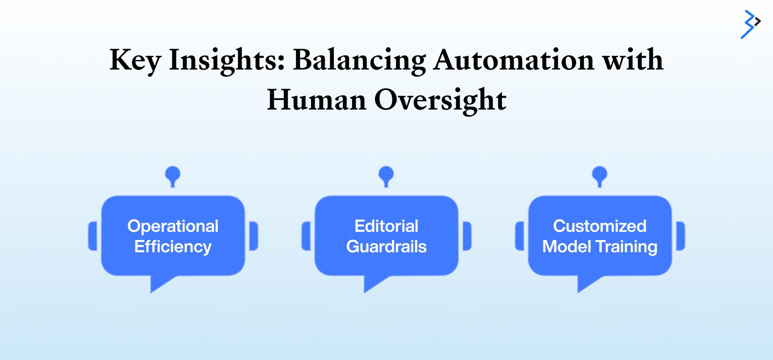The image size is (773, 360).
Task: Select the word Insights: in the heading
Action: (227, 61)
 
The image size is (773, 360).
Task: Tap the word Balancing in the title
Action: (359, 61)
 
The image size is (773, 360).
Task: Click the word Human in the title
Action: (316, 100)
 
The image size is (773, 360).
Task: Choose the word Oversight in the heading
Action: (440, 100)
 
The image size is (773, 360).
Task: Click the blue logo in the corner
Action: (750, 25)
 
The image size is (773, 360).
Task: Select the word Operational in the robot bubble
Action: (173, 227)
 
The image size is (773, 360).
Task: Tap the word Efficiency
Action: (173, 247)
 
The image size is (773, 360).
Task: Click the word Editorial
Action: (386, 226)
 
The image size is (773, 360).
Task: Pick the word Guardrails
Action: (386, 246)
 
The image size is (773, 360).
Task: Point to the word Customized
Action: (600, 226)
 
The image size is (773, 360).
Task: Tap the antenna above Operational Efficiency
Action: (173, 176)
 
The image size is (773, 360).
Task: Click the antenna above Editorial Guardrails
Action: (386, 176)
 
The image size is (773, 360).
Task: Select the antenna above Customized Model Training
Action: (600, 176)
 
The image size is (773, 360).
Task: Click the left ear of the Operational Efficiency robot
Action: (93, 236)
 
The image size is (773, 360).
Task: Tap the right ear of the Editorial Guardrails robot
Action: (467, 236)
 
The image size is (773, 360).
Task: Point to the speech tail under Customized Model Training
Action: (587, 282)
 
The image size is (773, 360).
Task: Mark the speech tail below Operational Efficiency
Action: (160, 282)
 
